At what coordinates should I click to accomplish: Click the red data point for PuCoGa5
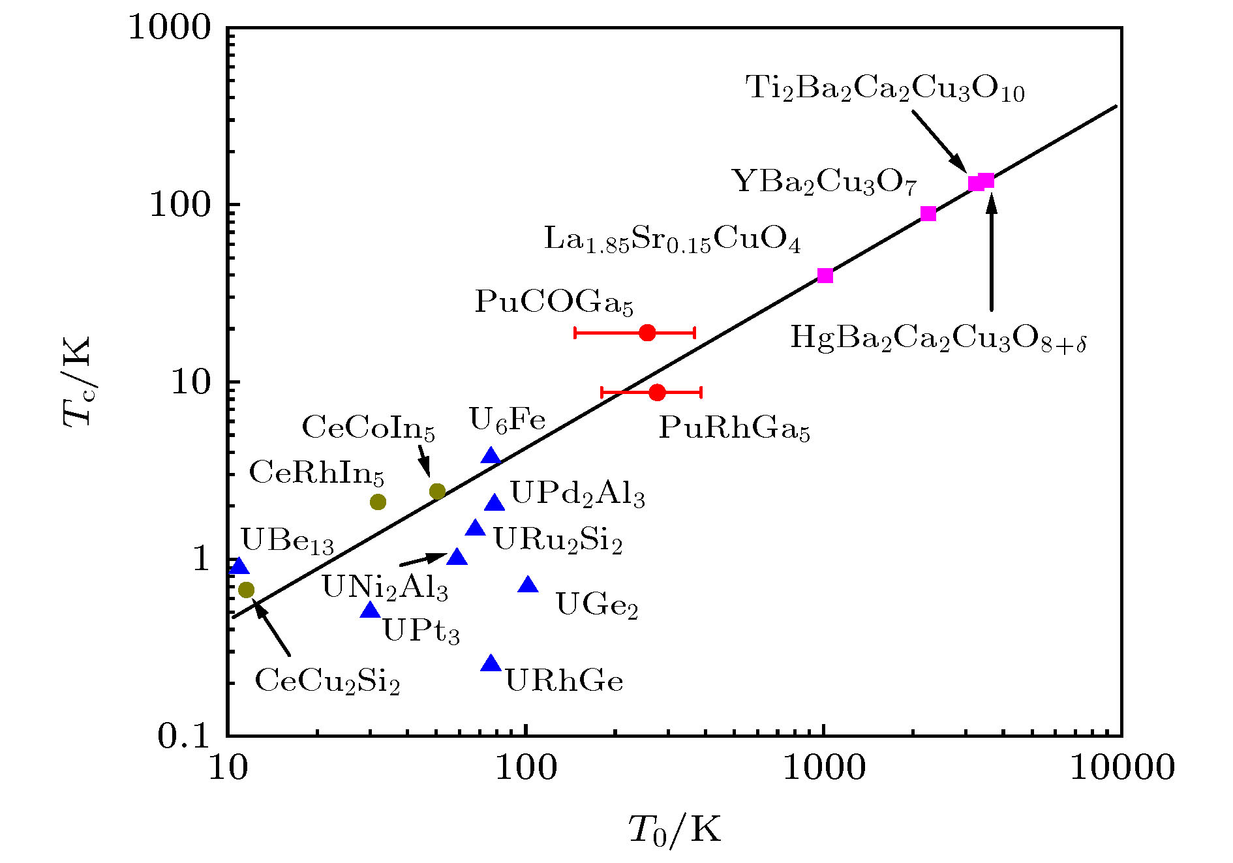click(x=647, y=333)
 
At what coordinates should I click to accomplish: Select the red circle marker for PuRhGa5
click(x=657, y=392)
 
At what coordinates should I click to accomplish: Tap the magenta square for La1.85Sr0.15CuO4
click(x=825, y=275)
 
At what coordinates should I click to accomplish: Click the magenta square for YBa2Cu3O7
click(x=928, y=213)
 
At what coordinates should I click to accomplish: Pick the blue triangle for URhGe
click(x=491, y=664)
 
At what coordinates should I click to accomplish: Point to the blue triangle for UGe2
click(x=528, y=585)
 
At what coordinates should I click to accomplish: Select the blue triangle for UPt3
click(x=371, y=611)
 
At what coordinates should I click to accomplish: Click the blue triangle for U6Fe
click(x=491, y=456)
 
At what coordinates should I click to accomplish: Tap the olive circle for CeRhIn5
click(x=378, y=502)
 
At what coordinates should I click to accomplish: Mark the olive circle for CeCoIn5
click(x=437, y=491)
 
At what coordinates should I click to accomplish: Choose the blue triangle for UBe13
click(x=239, y=566)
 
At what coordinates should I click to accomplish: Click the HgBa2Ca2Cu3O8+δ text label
click(x=937, y=339)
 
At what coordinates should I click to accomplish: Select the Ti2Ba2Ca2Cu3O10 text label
click(x=885, y=88)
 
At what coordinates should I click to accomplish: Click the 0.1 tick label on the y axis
click(x=184, y=736)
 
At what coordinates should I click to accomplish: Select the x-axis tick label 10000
click(x=1122, y=768)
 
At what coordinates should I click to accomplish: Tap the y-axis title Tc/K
click(x=77, y=382)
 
